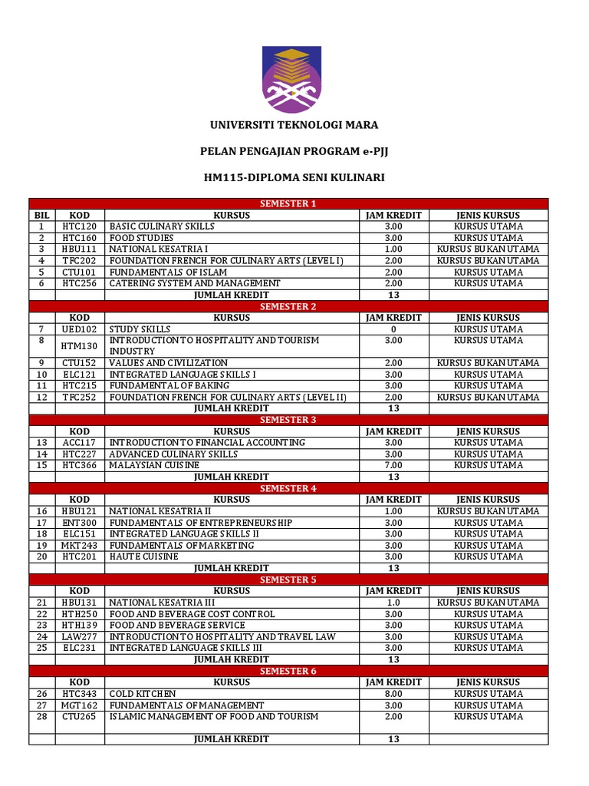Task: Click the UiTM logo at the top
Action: click(x=294, y=78)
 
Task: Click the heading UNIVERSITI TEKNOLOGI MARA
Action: click(x=294, y=125)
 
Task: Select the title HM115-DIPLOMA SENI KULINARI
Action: click(x=294, y=178)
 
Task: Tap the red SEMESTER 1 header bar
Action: click(x=288, y=203)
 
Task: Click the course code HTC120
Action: click(x=80, y=226)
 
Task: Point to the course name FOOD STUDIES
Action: click(x=141, y=238)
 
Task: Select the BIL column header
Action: click(x=41, y=215)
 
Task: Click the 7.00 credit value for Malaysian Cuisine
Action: click(x=393, y=465)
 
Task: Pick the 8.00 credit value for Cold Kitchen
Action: click(x=393, y=694)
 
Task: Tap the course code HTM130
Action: click(x=80, y=345)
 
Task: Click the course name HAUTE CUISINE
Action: click(x=144, y=556)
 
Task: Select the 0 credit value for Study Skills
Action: click(x=393, y=329)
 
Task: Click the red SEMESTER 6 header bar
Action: click(x=288, y=671)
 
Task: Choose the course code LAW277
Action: click(x=80, y=636)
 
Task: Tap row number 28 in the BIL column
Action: click(x=41, y=716)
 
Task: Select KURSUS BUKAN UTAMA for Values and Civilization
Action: click(x=489, y=363)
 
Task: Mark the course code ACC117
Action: click(x=80, y=443)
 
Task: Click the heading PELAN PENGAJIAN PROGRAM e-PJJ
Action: click(x=294, y=151)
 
